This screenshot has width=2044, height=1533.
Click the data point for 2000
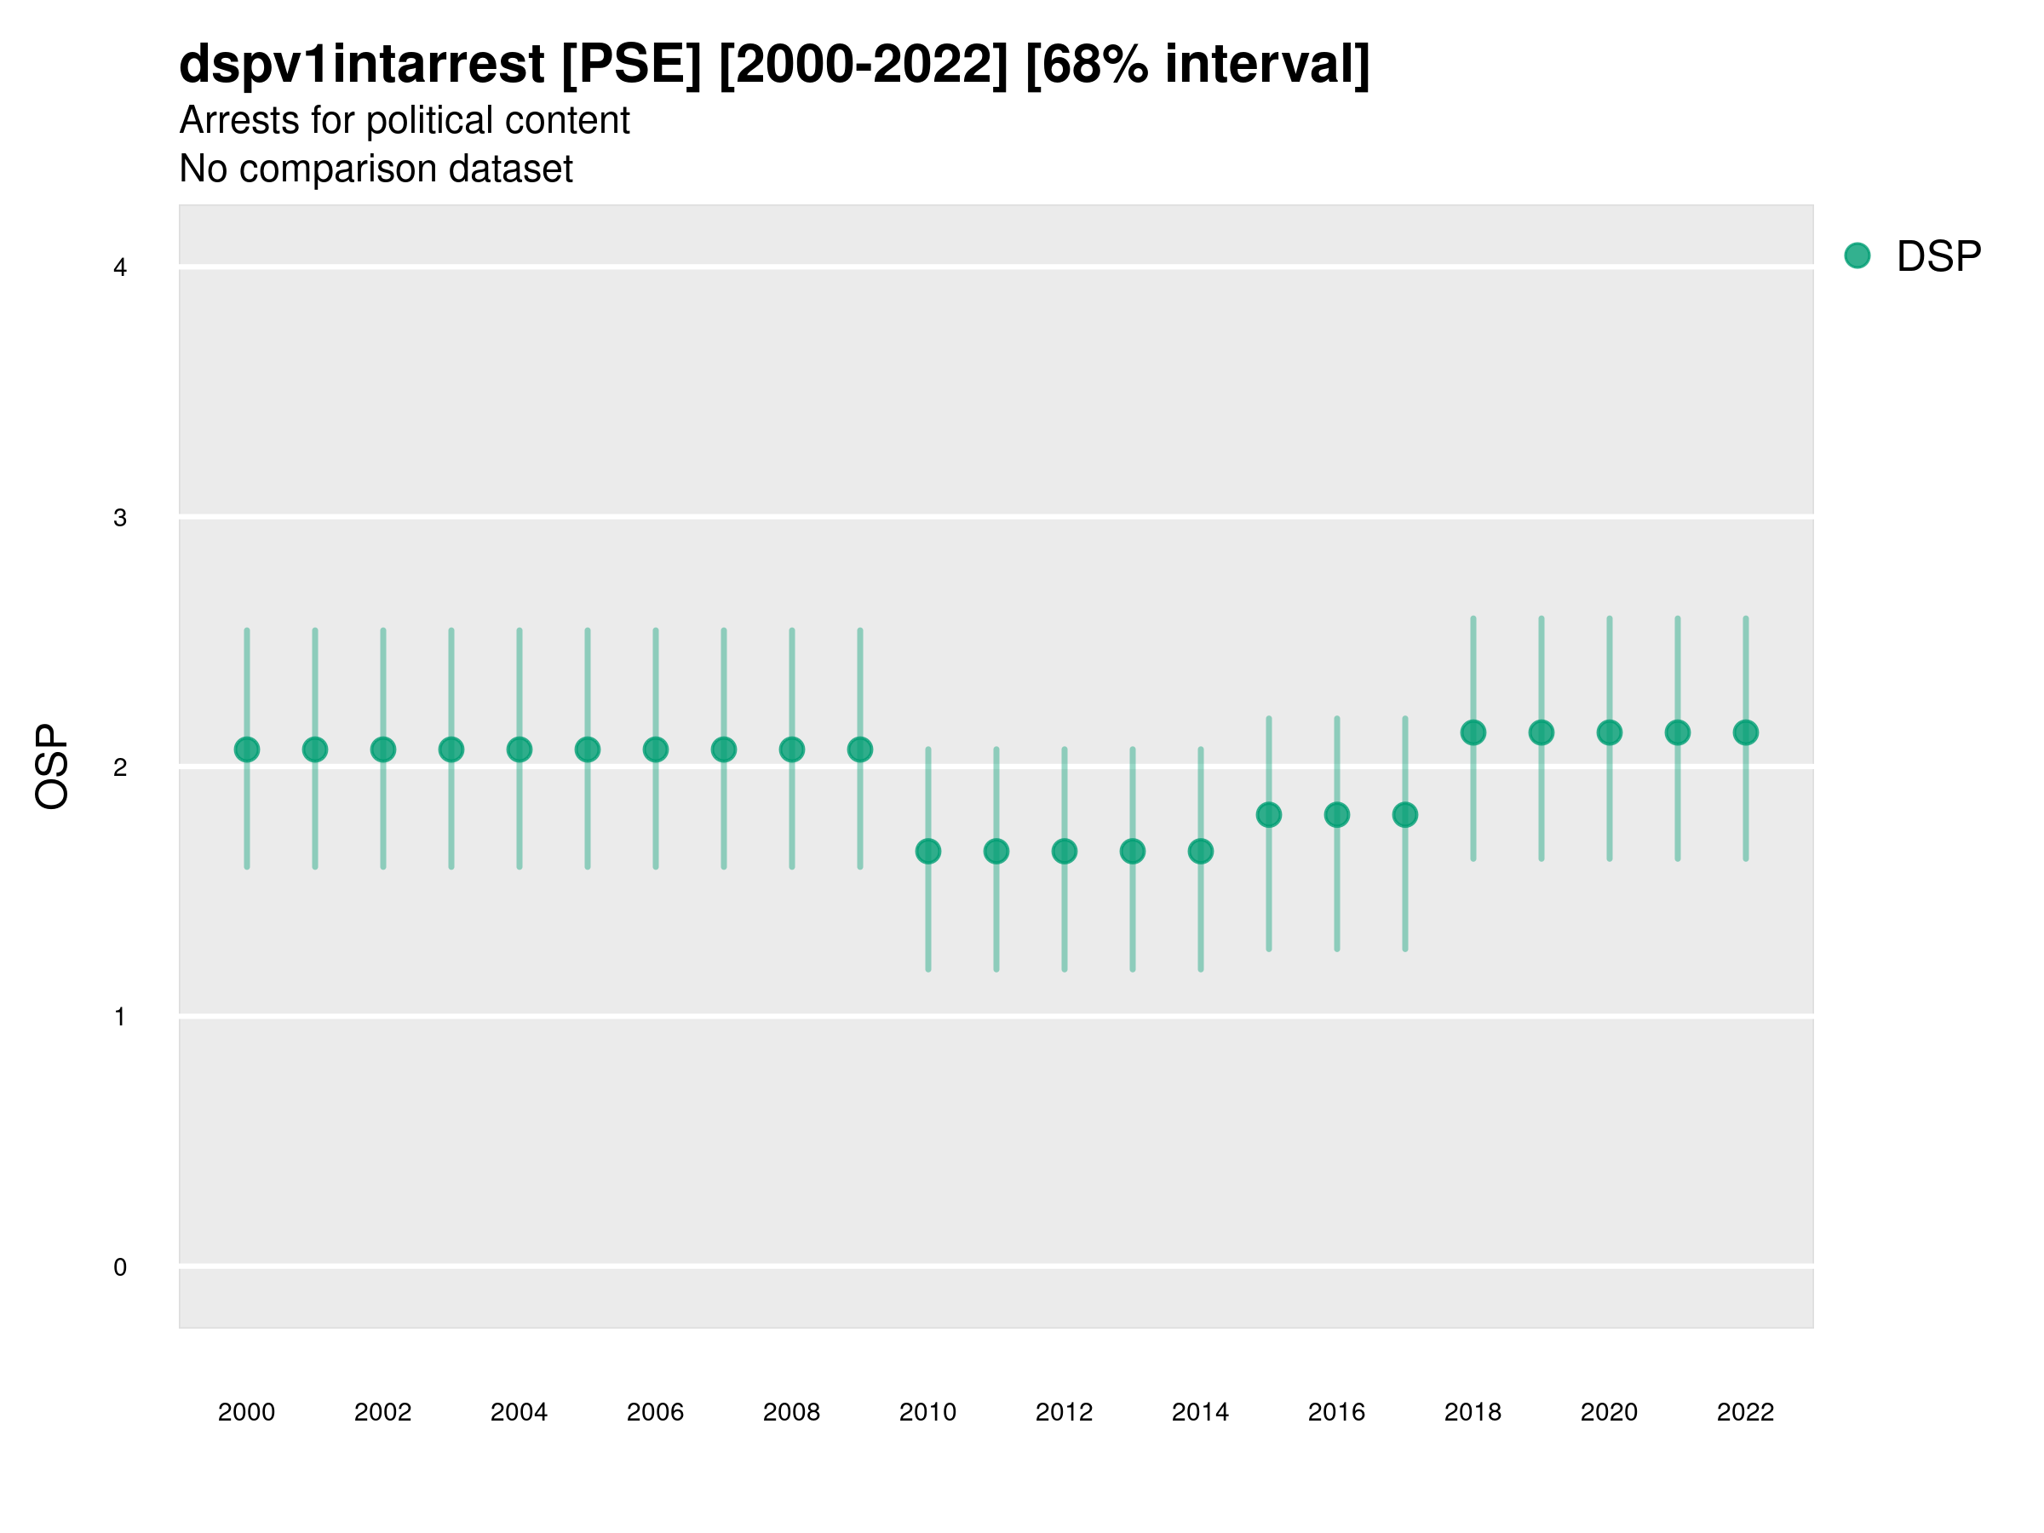[247, 749]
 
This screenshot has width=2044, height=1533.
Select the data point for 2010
[927, 851]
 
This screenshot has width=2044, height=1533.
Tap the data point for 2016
[1337, 815]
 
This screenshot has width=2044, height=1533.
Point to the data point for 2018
[1473, 732]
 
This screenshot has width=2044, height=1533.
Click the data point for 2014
[1200, 851]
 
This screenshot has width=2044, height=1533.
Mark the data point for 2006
[655, 749]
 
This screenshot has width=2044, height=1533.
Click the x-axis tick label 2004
[519, 1412]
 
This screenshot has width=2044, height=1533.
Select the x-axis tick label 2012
[1064, 1412]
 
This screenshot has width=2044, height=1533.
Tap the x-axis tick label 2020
[1609, 1412]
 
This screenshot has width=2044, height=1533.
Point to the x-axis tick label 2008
[791, 1412]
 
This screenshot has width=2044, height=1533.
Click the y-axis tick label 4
[120, 268]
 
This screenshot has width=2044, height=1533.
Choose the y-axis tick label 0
[120, 1267]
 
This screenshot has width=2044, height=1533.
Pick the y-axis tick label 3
[120, 518]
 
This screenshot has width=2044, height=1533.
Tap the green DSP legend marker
[1857, 256]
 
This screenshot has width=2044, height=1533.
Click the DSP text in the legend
[1938, 257]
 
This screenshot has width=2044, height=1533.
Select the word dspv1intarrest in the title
[361, 64]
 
